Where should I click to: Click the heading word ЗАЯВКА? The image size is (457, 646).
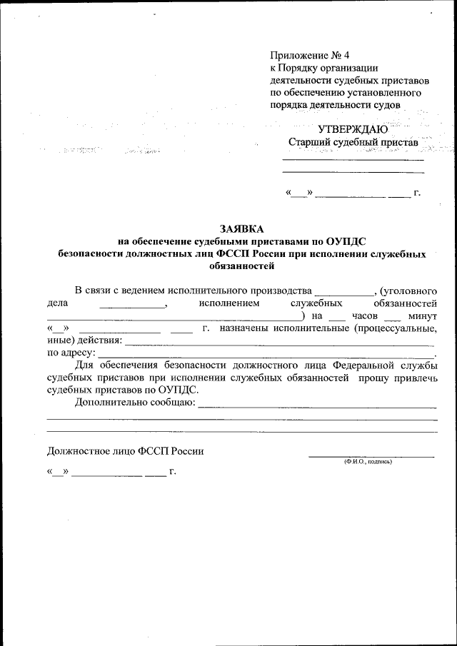[x=242, y=229]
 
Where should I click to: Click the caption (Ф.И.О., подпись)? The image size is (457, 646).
[x=368, y=462]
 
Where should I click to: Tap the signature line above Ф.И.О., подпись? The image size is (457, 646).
[x=371, y=455]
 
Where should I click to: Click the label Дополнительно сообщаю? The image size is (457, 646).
[x=135, y=403]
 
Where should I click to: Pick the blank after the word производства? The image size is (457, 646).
[x=343, y=291]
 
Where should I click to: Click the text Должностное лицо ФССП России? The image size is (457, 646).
[x=125, y=450]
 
